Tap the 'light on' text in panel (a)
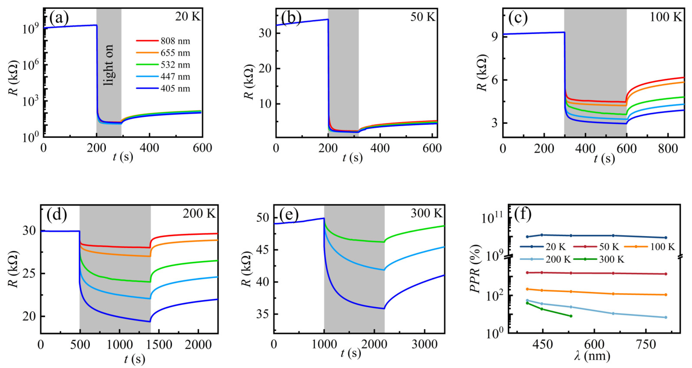[109, 65]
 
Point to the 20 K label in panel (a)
[188, 17]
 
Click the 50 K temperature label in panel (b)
[422, 17]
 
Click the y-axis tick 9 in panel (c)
[495, 36]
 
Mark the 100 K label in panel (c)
[666, 17]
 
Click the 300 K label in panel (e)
[426, 213]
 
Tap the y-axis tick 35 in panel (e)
[262, 314]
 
